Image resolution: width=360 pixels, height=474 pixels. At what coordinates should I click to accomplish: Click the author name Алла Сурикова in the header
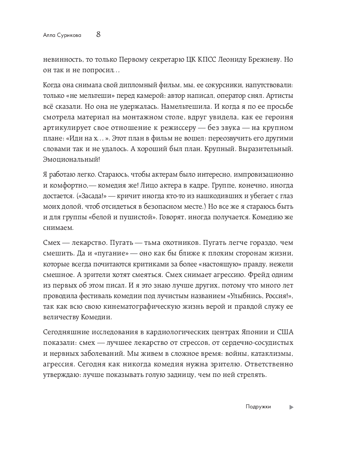click(62, 35)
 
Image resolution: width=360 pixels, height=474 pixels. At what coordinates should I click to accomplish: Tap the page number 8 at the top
click(98, 35)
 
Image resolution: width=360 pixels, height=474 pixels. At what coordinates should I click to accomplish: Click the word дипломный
click(140, 85)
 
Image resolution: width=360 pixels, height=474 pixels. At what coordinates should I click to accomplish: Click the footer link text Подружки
click(258, 407)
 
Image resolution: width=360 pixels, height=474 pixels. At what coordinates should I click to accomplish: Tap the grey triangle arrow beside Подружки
click(291, 407)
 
